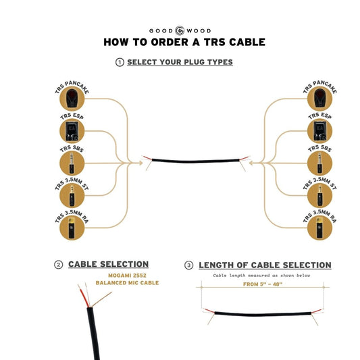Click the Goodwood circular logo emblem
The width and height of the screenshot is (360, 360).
pos(180,30)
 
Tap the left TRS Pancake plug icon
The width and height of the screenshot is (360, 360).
pos(72,99)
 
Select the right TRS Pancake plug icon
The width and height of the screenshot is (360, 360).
pos(320,99)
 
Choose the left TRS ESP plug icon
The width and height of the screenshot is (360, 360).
pos(72,131)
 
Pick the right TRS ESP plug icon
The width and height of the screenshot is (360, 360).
pos(320,131)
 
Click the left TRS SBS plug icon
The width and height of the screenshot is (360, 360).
pos(72,163)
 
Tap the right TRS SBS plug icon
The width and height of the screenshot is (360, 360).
pos(320,163)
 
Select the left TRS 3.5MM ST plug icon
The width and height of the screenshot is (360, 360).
pos(72,196)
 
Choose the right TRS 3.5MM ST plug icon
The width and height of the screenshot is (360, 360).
pos(320,196)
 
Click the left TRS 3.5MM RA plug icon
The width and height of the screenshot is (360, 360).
pos(72,228)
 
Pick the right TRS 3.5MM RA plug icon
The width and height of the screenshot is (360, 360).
pos(320,228)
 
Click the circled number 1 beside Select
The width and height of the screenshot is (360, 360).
pos(120,62)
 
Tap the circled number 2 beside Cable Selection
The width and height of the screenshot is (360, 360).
pos(59,265)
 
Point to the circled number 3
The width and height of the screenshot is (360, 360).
pos(188,265)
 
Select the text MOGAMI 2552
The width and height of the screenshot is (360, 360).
pos(127,276)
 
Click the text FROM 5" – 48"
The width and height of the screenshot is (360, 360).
pos(263,284)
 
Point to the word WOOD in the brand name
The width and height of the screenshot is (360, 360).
pos(199,31)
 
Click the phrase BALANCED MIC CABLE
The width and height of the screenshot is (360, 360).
pos(127,282)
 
